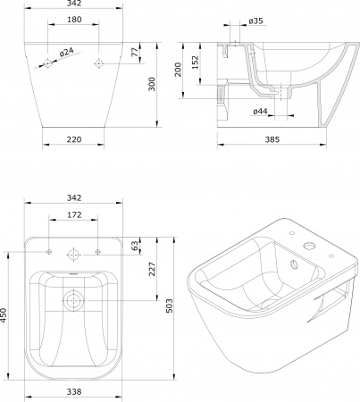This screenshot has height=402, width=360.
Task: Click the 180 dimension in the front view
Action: (74, 20)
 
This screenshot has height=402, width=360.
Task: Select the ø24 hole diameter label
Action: (66, 52)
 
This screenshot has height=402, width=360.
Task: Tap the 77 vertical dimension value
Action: (135, 52)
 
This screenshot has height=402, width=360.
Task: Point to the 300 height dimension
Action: (152, 84)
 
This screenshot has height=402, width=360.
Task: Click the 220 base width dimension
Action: (74, 139)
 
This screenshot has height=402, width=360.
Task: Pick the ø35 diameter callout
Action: (255, 21)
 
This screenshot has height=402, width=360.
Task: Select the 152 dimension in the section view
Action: (195, 63)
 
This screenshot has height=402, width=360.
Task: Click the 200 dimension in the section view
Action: (178, 70)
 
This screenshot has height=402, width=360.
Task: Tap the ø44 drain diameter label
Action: (260, 112)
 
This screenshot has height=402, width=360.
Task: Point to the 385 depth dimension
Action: (272, 139)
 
